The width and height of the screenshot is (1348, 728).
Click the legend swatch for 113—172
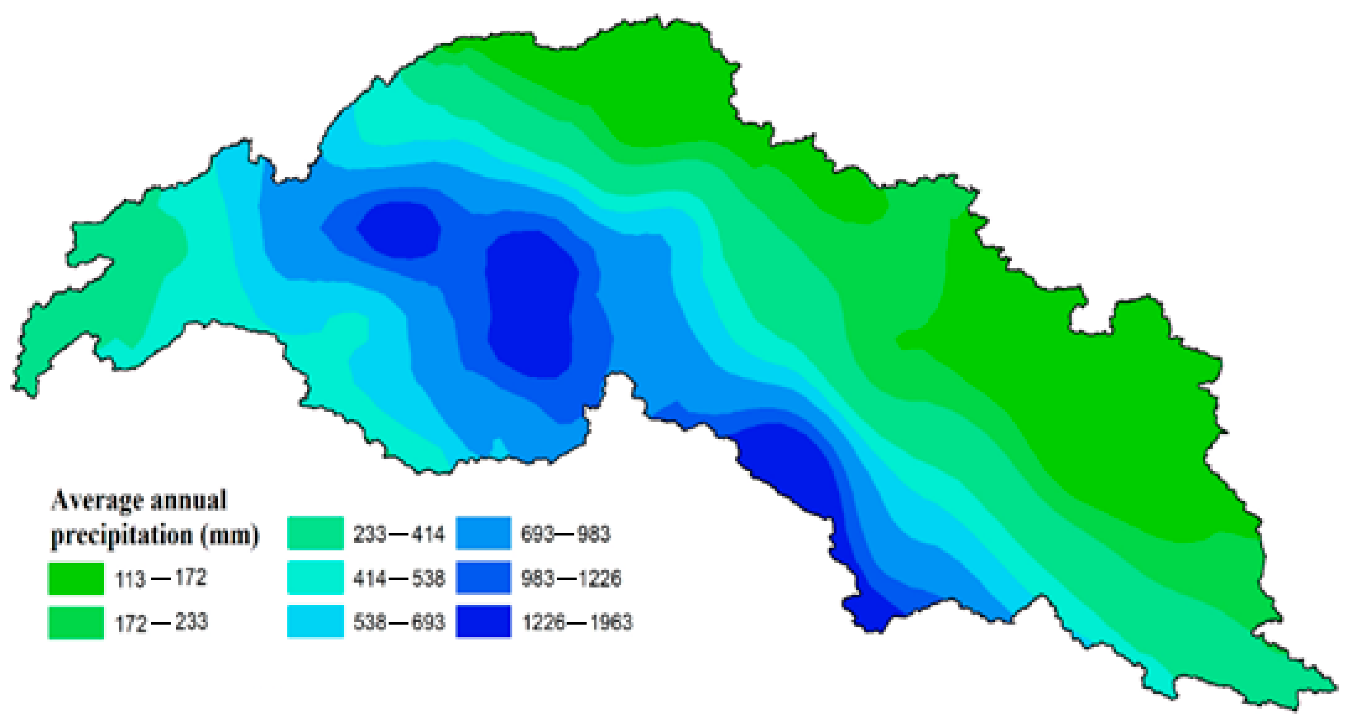point(76,578)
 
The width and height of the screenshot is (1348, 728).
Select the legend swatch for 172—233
point(76,622)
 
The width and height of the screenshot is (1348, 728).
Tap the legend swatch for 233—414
point(316,533)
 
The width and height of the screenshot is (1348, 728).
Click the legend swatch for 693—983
point(483,533)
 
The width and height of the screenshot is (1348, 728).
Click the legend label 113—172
point(161,578)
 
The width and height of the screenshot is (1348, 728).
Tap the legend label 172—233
point(161,622)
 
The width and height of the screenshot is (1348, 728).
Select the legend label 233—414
point(399,534)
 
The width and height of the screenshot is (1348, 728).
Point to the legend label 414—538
point(399,578)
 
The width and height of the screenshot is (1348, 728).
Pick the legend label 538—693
point(399,622)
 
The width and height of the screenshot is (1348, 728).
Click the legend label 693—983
point(565,534)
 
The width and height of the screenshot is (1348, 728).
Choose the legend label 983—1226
point(571,578)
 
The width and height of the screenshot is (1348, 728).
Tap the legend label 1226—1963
point(577,622)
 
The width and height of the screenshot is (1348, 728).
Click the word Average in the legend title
point(97,501)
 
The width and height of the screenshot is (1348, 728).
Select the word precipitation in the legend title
point(122,536)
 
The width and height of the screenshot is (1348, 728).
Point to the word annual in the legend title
point(188,500)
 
